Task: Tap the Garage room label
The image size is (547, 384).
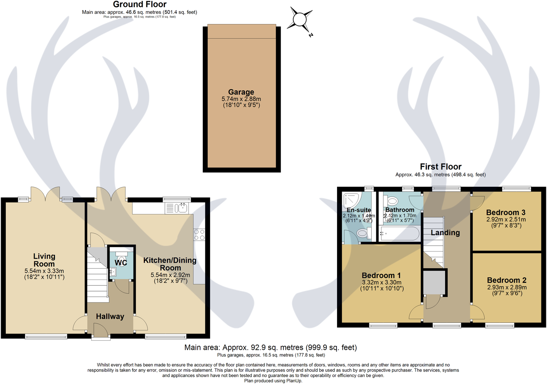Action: click(241, 92)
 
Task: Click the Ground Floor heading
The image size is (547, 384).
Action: click(140, 4)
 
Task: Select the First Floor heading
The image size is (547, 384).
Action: click(440, 167)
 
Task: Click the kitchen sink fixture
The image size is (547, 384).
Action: click(181, 208)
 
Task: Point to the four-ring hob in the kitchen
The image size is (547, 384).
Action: click(199, 235)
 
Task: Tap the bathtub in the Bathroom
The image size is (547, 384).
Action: click(399, 233)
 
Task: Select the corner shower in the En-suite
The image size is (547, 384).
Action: click(351, 201)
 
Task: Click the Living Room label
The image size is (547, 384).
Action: click(44, 260)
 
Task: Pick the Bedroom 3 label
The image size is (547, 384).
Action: click(506, 213)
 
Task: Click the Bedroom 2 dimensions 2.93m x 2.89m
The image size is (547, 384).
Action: click(507, 287)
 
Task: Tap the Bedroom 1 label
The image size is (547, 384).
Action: click(381, 276)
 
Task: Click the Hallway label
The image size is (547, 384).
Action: click(110, 317)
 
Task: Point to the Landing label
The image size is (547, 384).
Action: click(445, 233)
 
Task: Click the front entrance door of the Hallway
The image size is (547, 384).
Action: click(101, 332)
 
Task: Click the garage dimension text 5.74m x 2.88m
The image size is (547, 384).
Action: click(241, 99)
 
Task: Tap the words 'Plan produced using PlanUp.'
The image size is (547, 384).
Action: click(273, 381)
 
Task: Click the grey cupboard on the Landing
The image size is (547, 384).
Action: click(434, 282)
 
